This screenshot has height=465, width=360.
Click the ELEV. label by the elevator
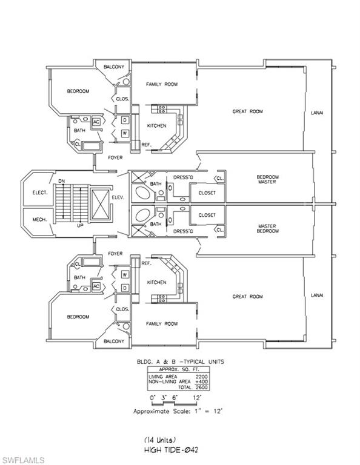click(x=118, y=197)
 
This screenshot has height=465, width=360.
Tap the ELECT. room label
click(x=40, y=193)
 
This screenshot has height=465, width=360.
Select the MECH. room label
click(x=39, y=220)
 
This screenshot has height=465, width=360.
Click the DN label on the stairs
click(x=61, y=181)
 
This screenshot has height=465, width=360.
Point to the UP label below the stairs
click(x=80, y=225)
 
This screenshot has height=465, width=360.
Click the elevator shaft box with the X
click(x=100, y=205)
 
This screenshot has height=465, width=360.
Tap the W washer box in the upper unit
click(x=125, y=133)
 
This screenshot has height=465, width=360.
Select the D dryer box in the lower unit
click(x=125, y=288)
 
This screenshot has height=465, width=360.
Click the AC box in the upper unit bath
click(x=96, y=122)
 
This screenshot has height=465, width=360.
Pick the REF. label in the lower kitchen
click(x=146, y=263)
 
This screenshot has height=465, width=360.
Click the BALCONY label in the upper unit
click(x=114, y=67)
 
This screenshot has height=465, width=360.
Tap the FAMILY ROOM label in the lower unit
click(x=162, y=324)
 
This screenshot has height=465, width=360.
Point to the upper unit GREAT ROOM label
click(x=247, y=111)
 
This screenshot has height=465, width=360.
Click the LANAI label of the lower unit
click(x=317, y=295)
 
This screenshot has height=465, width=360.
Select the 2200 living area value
click(x=202, y=377)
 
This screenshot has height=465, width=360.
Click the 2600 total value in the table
click(x=202, y=387)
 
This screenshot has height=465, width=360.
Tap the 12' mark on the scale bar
click(x=197, y=397)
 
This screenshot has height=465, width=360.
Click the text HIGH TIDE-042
click(x=171, y=450)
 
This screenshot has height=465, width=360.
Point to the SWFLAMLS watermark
click(x=22, y=460)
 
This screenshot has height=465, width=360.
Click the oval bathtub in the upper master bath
click(x=143, y=193)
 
